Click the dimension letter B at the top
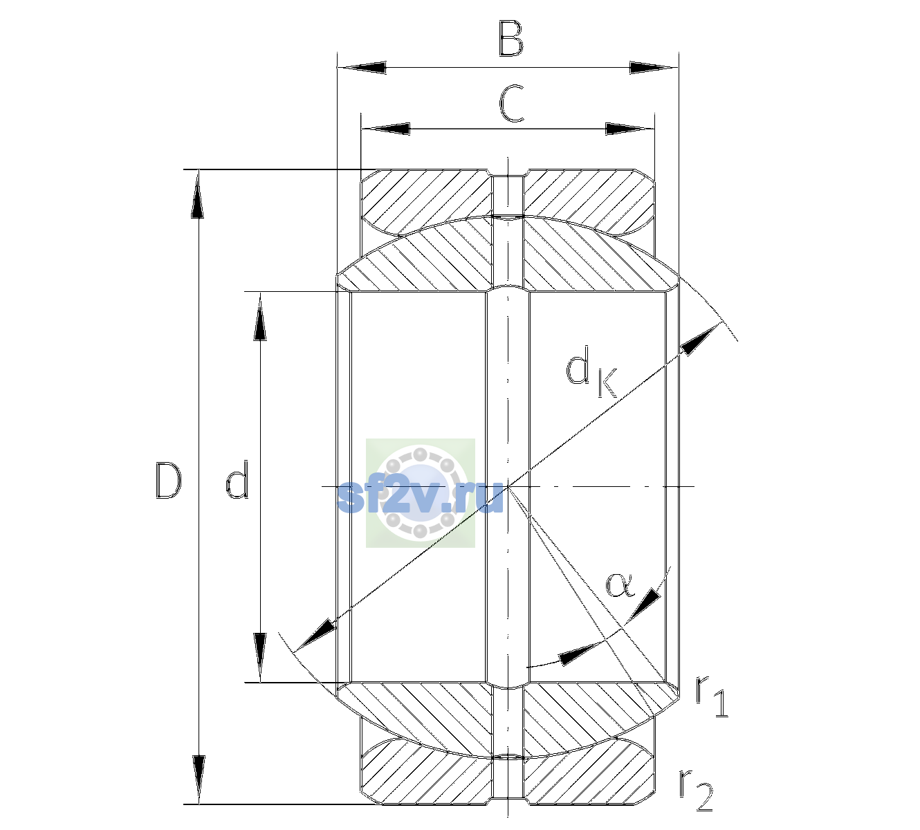click(x=511, y=39)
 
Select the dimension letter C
click(x=511, y=104)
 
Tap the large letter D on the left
click(x=168, y=481)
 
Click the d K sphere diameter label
click(x=591, y=371)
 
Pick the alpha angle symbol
click(x=620, y=586)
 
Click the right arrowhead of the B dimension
click(x=654, y=68)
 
